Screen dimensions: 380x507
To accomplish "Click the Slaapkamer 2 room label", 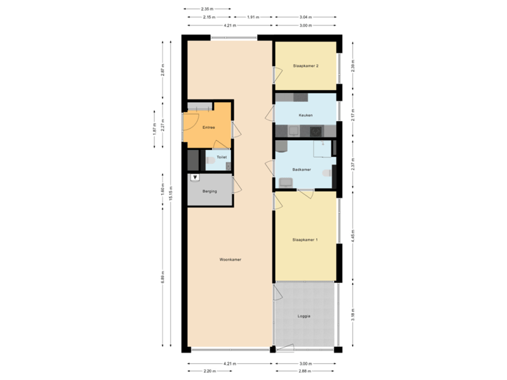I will (306, 65).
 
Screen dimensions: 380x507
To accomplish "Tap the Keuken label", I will (306, 115).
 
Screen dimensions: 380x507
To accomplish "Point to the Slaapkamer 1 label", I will (306, 240).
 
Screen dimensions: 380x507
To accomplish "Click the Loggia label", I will (304, 316).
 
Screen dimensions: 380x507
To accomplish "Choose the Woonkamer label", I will (230, 260).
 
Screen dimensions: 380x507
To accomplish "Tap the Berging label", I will (209, 191).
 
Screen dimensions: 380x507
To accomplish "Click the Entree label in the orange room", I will (208, 127).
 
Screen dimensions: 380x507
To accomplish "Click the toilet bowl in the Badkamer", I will (327, 172).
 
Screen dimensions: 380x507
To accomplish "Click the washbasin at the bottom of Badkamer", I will (286, 183).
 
